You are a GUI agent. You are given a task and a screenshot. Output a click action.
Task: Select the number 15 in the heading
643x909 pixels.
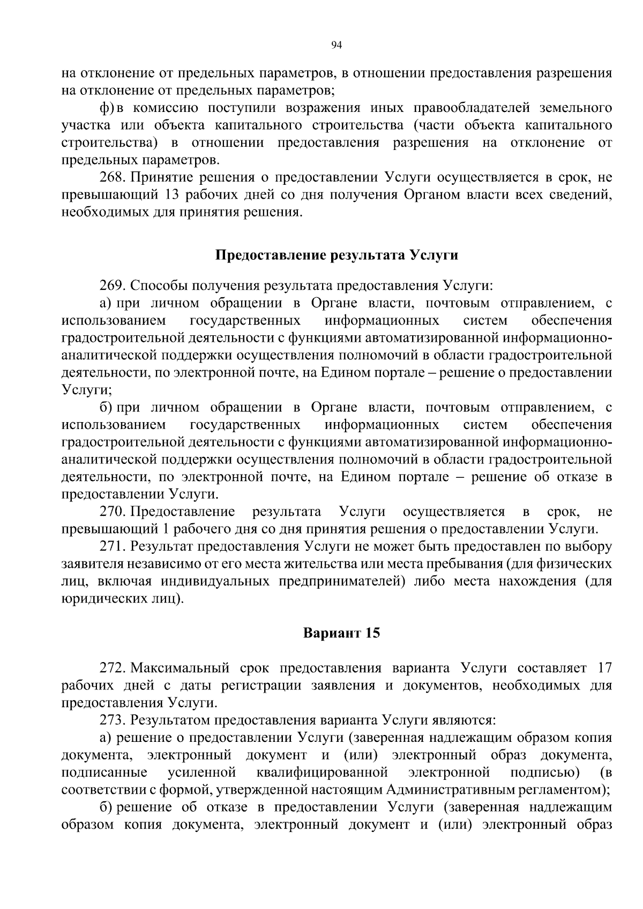point(372,633)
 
